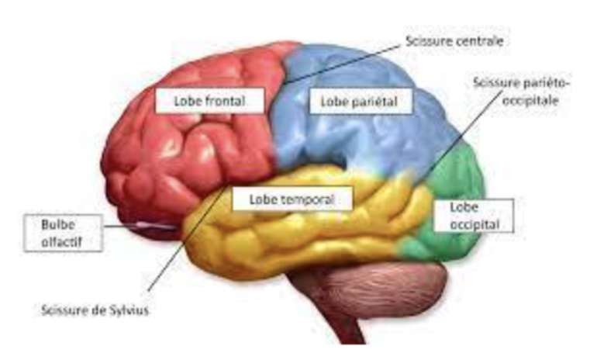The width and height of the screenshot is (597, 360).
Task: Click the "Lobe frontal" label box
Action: [x=209, y=100]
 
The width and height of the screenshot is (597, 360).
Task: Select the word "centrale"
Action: [x=474, y=40]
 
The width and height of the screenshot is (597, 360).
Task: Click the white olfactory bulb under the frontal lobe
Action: [x=159, y=227]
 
